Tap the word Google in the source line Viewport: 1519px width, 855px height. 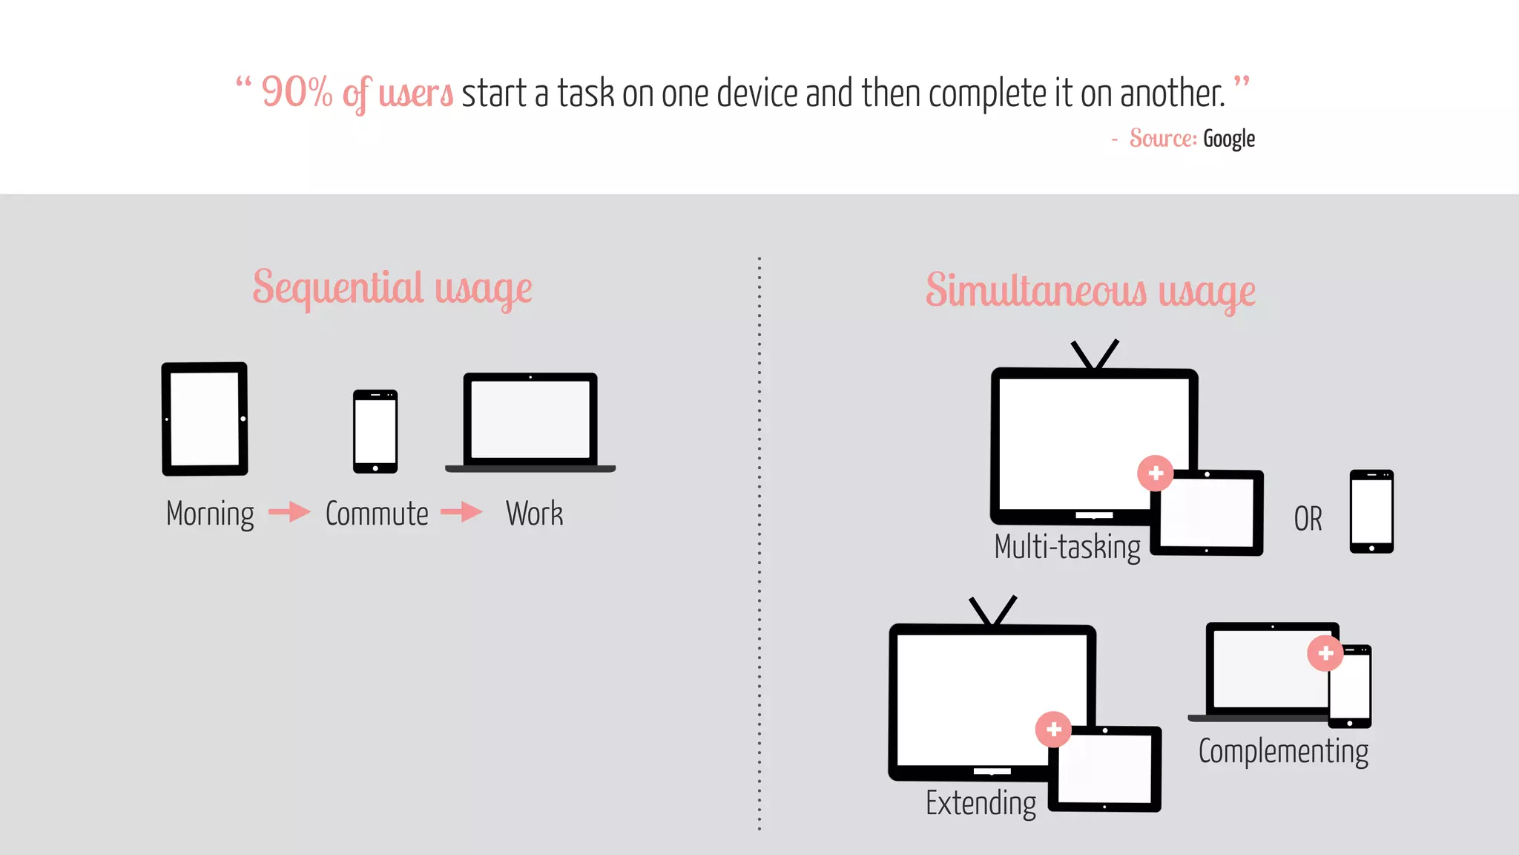[x=1228, y=139]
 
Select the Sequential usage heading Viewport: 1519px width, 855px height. [x=392, y=288]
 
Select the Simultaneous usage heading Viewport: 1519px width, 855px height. [x=1090, y=290]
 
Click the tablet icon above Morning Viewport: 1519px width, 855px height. [x=205, y=419]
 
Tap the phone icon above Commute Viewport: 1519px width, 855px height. [x=375, y=431]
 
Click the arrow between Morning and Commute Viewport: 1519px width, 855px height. [x=289, y=511]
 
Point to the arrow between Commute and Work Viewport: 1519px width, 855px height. [x=461, y=511]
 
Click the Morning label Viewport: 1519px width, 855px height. [x=210, y=514]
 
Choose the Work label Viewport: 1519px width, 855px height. [x=534, y=514]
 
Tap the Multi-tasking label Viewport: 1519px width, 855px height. [x=1067, y=547]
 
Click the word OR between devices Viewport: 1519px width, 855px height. [x=1308, y=519]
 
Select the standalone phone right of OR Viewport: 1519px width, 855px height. [x=1371, y=511]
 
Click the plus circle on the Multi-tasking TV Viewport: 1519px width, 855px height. [x=1156, y=473]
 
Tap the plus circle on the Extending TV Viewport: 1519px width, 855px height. [x=1053, y=730]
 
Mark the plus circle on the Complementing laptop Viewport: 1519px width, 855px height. [x=1325, y=653]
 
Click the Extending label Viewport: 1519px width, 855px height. [x=981, y=803]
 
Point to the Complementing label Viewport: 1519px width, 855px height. [x=1283, y=751]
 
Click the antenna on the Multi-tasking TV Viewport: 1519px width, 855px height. [x=1094, y=355]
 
